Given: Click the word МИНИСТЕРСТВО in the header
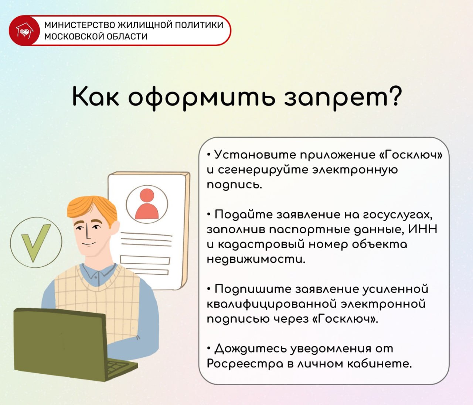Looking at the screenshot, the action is coord(80,25).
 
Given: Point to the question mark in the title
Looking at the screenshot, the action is coord(394,96).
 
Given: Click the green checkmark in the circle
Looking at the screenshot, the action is coord(35,243).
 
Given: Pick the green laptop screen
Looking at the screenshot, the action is coord(60,344).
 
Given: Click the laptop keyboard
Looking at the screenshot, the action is coord(119,367).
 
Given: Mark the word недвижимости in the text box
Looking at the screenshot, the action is coord(256,260).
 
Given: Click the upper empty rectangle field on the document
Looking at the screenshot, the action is coord(145,260).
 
